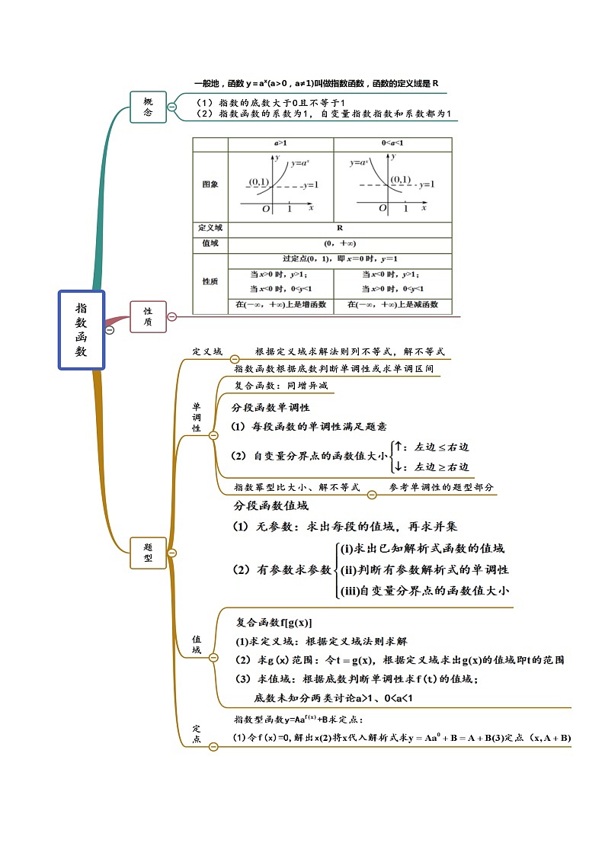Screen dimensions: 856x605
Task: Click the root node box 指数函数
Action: [81, 330]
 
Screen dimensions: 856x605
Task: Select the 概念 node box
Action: [149, 106]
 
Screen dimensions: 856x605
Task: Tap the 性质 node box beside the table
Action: [148, 316]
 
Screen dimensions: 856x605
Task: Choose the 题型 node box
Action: [148, 552]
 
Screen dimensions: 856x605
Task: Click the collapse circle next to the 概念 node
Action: [172, 107]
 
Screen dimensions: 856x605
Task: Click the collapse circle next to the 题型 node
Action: [172, 552]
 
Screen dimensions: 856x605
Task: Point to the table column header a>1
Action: [280, 143]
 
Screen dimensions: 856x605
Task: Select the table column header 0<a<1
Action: [392, 143]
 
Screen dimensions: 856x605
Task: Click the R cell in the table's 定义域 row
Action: [339, 228]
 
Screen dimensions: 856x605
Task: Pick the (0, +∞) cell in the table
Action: [339, 243]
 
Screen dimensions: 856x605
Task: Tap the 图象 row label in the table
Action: [210, 184]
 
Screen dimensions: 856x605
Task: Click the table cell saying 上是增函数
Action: [280, 305]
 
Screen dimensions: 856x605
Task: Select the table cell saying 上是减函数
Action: [392, 305]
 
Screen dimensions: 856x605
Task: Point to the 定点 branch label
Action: [196, 733]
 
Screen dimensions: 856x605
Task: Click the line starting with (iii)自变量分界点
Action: [424, 590]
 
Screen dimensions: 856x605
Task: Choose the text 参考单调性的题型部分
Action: [441, 487]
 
